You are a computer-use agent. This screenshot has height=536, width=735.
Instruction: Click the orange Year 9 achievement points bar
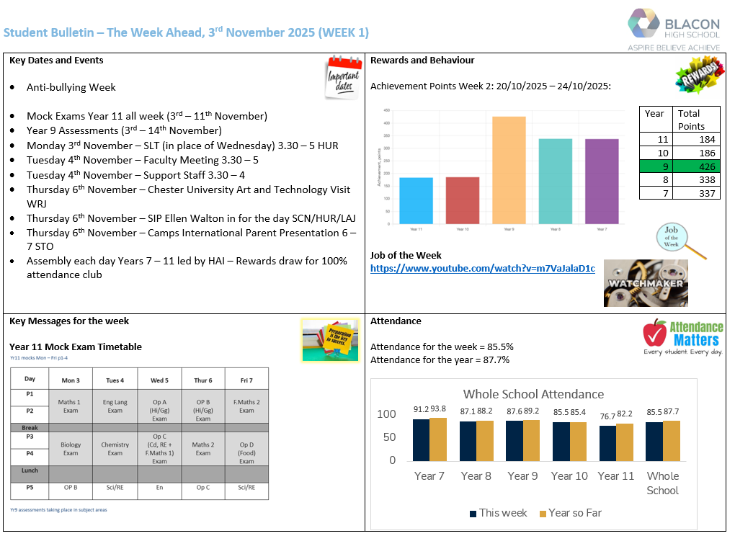[509, 170]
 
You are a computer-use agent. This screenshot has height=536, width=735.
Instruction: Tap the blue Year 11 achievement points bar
[415, 200]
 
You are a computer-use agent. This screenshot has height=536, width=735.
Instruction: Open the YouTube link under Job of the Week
[482, 269]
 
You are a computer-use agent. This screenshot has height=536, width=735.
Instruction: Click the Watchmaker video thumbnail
[645, 283]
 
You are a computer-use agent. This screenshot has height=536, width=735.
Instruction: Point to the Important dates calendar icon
[342, 77]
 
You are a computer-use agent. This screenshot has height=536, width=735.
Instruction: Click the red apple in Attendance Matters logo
[655, 334]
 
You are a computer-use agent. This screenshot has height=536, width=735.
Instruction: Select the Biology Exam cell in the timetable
[71, 449]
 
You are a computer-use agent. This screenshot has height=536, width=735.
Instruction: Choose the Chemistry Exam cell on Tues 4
[115, 449]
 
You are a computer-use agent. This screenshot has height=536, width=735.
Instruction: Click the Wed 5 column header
[159, 380]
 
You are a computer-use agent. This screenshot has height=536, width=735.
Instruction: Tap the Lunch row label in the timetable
[30, 470]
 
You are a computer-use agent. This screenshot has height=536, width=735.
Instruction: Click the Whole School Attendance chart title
[533, 394]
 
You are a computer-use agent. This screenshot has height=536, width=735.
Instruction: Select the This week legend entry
[498, 513]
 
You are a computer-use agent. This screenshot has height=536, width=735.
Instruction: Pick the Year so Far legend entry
[569, 513]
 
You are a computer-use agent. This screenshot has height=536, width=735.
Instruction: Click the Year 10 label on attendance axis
[569, 475]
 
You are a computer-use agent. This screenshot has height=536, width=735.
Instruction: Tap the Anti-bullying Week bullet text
[71, 87]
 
